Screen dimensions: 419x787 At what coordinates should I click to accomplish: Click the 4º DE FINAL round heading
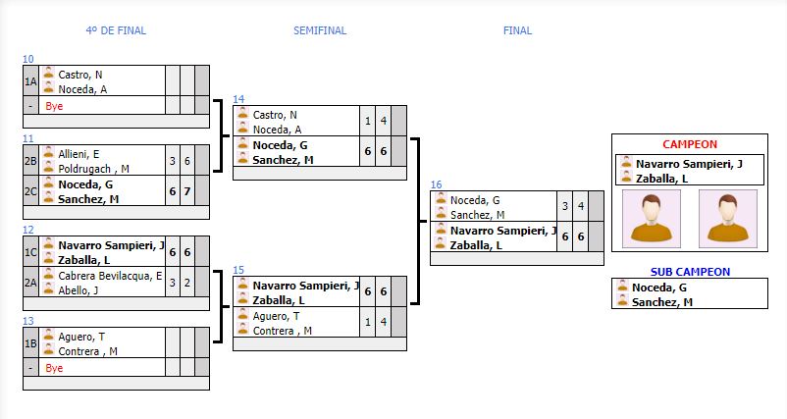pos(116,30)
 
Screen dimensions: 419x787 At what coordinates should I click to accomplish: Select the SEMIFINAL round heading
pos(320,30)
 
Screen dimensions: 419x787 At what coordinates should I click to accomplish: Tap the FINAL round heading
pos(517,30)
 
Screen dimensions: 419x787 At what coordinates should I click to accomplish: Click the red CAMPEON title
pos(689,144)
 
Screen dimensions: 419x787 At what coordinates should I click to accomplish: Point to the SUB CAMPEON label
pos(690,272)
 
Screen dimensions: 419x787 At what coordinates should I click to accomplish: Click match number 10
pos(28,59)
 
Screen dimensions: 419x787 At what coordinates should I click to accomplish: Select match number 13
pos(28,321)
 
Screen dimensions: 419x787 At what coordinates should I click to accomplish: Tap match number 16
pos(436,184)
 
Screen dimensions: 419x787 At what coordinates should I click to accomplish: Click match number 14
pos(239,99)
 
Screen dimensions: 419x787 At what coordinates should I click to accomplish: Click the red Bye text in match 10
pos(54,105)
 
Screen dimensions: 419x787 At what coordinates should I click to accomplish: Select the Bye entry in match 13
pos(54,368)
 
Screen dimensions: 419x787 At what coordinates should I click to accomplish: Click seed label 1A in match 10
pos(30,81)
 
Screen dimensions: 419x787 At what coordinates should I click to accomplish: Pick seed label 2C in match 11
pos(30,191)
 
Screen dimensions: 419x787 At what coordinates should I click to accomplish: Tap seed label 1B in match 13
pos(30,343)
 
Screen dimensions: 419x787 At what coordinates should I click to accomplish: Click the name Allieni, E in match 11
pos(79,154)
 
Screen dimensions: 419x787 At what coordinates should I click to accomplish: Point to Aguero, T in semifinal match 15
pos(276,316)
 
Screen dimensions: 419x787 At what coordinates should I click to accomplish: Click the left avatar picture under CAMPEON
pos(652,218)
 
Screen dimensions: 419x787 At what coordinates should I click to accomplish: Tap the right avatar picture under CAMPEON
pos(727,218)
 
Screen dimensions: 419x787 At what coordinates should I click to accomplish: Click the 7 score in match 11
pos(187,191)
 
